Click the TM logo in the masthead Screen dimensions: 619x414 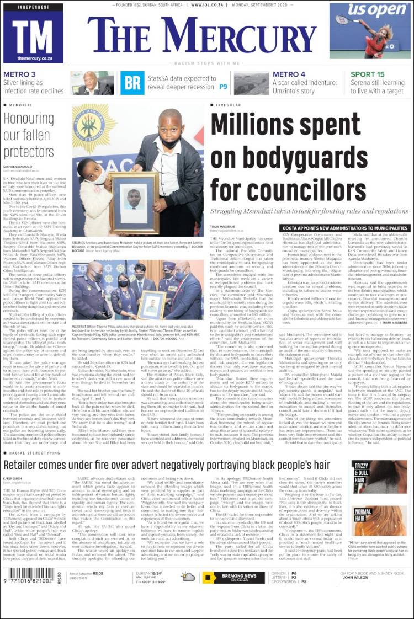point(33,34)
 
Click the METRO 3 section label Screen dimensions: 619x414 point(20,74)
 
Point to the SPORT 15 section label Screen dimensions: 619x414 point(368,74)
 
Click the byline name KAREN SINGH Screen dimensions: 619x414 point(13,478)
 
